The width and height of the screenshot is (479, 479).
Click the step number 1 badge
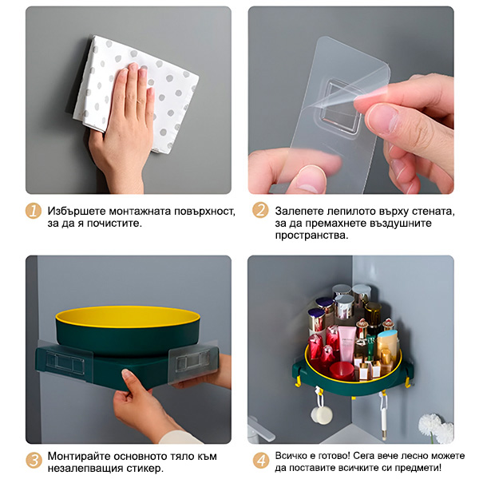pyautogui.click(x=34, y=211)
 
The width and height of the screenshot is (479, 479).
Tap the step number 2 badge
pyautogui.click(x=260, y=210)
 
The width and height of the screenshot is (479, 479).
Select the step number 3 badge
pyautogui.click(x=34, y=461)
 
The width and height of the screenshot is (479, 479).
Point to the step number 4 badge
pyautogui.click(x=261, y=461)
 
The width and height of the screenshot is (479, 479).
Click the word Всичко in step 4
pyautogui.click(x=291, y=456)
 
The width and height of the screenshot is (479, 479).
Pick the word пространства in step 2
pyautogui.click(x=311, y=236)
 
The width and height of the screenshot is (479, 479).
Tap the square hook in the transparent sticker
pyautogui.click(x=340, y=107)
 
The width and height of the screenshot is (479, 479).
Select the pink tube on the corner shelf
pyautogui.click(x=347, y=343)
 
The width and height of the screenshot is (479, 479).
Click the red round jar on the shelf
pyautogui.click(x=342, y=370)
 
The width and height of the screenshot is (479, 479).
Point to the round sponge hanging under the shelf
pyautogui.click(x=322, y=415)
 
